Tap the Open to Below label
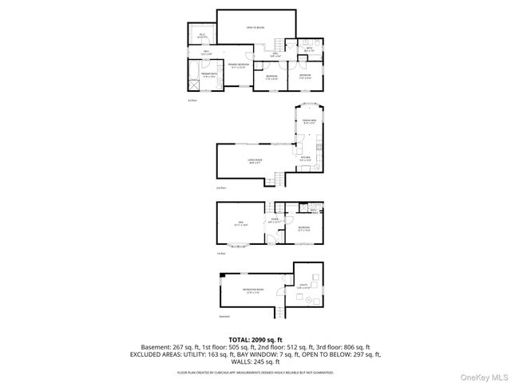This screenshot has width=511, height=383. (x=255, y=27)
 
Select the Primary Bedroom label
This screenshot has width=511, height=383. (x=238, y=65)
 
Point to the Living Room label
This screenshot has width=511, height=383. (x=255, y=160)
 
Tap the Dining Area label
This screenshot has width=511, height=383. (x=309, y=123)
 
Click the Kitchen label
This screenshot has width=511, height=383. (x=305, y=159)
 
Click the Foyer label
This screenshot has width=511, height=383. (x=274, y=219)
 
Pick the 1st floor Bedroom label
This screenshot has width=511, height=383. (x=304, y=229)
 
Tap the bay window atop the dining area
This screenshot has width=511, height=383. (x=309, y=105)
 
